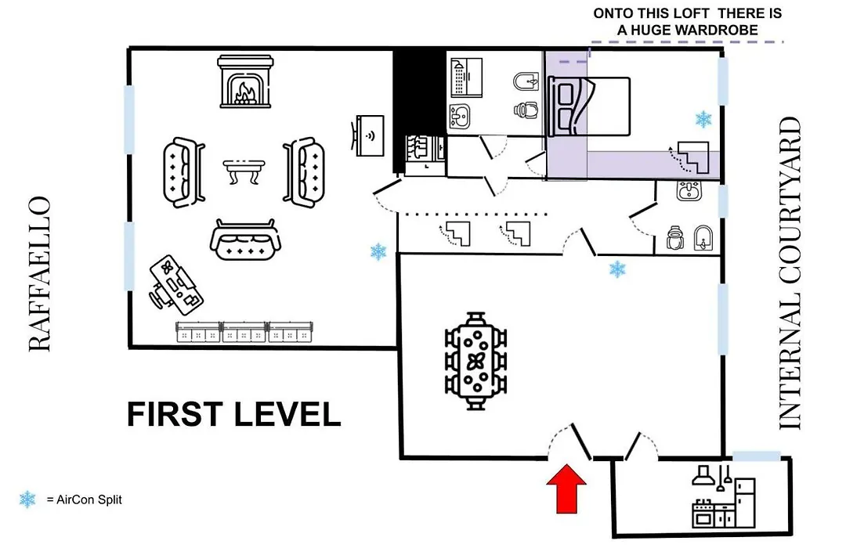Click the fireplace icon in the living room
[x=245, y=81]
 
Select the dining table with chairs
[x=475, y=361]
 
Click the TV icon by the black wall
[x=368, y=135]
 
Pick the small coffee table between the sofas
[x=244, y=171]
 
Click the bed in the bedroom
[x=589, y=106]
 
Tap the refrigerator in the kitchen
[x=745, y=503]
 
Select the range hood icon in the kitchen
[x=703, y=476]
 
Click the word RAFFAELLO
[x=39, y=274]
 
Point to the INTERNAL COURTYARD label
[x=790, y=273]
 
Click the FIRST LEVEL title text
[x=233, y=414]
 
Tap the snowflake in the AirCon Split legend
[x=27, y=499]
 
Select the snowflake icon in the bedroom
[x=703, y=119]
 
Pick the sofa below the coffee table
[x=245, y=240]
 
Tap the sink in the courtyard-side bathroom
[x=689, y=191]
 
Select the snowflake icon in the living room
[x=378, y=252]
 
